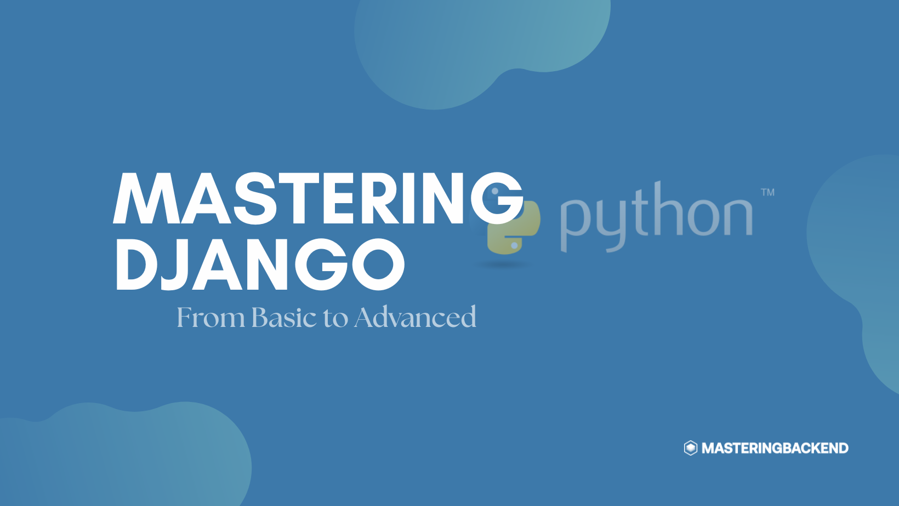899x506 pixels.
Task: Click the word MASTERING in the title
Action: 318,198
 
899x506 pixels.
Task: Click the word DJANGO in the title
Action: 260,264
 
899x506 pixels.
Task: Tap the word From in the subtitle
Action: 210,317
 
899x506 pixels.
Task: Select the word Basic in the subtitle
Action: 284,317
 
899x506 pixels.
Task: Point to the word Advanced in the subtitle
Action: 416,317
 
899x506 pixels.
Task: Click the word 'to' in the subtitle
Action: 335,318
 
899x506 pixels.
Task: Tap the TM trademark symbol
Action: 768,192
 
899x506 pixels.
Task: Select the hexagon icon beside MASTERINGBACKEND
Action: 691,448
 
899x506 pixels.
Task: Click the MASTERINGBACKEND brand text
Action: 775,448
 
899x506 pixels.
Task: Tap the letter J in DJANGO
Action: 175,264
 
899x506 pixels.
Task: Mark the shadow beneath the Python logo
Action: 504,264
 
